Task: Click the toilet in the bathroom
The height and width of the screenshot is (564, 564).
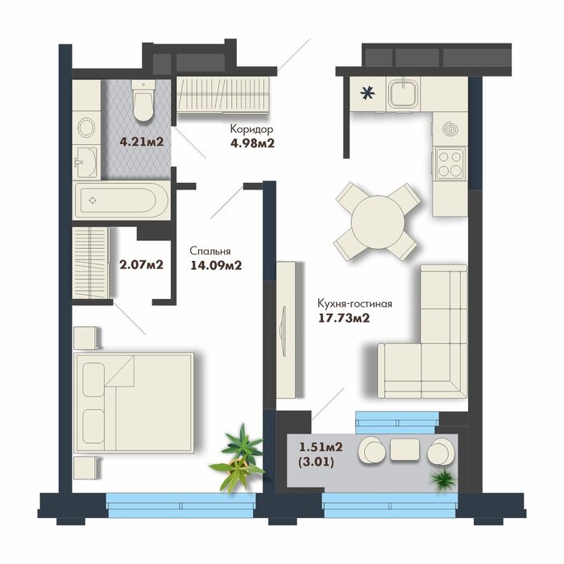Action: click(x=143, y=100)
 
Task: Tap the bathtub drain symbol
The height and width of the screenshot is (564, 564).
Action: click(x=93, y=201)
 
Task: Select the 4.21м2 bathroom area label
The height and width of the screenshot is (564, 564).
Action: click(x=142, y=141)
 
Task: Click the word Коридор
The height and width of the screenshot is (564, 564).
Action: click(x=251, y=129)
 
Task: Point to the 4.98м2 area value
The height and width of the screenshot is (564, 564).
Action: click(x=252, y=143)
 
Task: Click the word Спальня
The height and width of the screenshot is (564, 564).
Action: click(x=210, y=251)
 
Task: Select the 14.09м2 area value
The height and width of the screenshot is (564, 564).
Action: click(x=216, y=265)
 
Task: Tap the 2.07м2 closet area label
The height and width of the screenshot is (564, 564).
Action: click(x=141, y=265)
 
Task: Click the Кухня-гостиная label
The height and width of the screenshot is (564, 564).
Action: click(x=355, y=304)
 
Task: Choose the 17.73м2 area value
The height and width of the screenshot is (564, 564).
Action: click(x=344, y=318)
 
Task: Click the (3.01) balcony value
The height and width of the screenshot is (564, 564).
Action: click(x=317, y=462)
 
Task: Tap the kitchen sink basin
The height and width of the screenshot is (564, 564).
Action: click(x=404, y=93)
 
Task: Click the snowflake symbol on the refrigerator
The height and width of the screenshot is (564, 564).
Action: click(x=367, y=93)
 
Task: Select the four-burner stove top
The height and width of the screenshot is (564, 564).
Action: click(x=450, y=164)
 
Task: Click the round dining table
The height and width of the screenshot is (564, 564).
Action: click(x=378, y=222)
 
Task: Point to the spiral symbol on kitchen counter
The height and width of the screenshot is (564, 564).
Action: click(x=450, y=129)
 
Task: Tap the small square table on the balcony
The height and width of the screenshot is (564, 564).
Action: click(x=404, y=450)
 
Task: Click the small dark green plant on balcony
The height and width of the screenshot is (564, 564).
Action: click(x=443, y=480)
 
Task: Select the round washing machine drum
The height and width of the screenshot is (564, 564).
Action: click(x=86, y=127)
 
